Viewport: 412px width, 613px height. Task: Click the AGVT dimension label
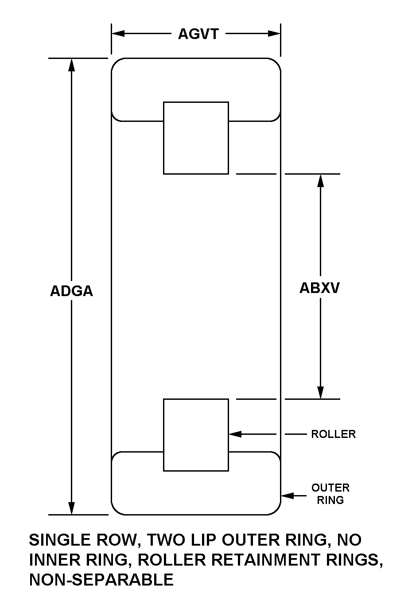click(x=198, y=34)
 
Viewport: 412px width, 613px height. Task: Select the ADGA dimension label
click(x=71, y=291)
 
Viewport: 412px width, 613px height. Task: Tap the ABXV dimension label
click(x=319, y=288)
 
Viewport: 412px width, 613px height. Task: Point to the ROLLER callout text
click(x=333, y=434)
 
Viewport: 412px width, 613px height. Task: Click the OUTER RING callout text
click(x=330, y=494)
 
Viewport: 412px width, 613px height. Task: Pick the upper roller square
click(x=196, y=138)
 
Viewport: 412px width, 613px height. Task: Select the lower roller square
click(x=196, y=434)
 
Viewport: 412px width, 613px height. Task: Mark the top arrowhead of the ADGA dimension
click(x=71, y=64)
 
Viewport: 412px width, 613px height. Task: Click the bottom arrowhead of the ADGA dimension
click(x=71, y=508)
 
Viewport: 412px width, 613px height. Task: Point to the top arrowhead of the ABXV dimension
click(x=320, y=180)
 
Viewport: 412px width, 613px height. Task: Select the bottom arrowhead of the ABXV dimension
click(x=320, y=393)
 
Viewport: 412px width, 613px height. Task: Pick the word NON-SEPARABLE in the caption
click(x=101, y=580)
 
